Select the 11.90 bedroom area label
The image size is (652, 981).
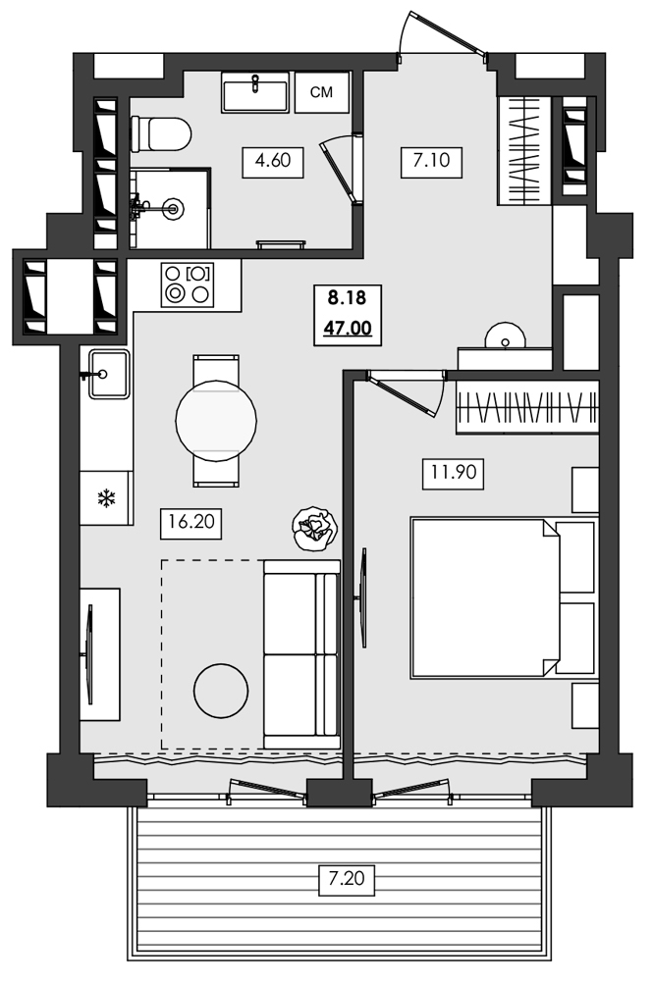[452, 475]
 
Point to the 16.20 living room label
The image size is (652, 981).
[190, 523]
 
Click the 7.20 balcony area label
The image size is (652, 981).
[347, 880]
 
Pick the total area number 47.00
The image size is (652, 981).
[347, 327]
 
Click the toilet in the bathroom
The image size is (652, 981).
[160, 132]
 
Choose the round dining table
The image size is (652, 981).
[216, 420]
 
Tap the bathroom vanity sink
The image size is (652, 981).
[254, 93]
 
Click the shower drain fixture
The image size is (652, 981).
[173, 207]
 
